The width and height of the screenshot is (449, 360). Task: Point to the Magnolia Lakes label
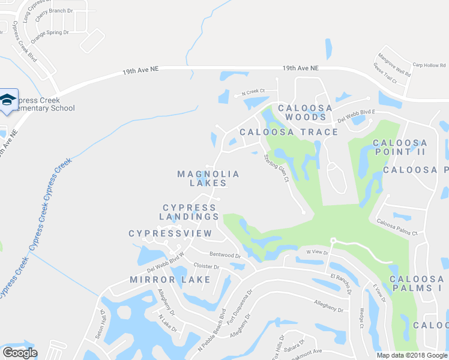(x=208, y=178)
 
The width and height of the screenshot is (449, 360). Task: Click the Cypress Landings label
(x=189, y=212)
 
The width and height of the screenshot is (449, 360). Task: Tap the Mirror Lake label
(x=170, y=280)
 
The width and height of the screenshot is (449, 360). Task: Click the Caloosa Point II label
(x=400, y=147)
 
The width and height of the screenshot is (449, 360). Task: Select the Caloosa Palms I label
(x=417, y=284)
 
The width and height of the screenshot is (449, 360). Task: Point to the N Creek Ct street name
(x=253, y=92)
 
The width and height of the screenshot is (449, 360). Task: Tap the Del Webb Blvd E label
(x=356, y=115)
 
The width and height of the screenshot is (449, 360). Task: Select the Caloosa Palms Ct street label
(x=397, y=228)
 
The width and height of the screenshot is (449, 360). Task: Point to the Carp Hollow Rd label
(x=429, y=65)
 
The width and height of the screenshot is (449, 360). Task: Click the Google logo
(x=20, y=353)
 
